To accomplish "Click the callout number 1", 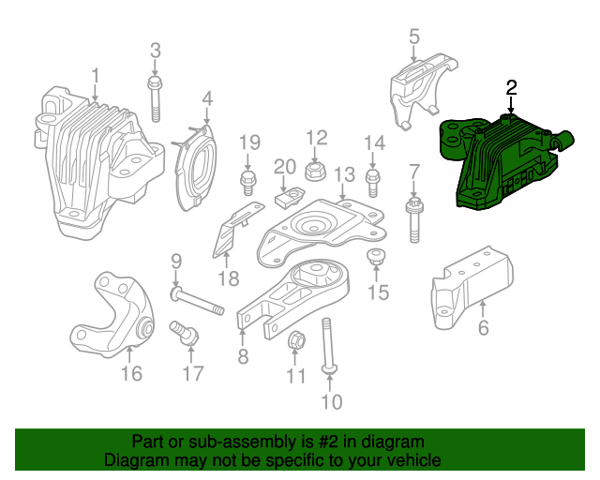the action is point(95,75).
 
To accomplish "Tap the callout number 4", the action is point(206,97).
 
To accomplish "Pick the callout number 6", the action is point(484,328).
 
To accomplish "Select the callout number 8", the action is point(243,356).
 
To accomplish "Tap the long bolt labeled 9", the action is point(197,301).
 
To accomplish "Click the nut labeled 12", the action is point(315,171).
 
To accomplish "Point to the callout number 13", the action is point(344,174).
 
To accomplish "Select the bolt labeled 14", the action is point(373,180).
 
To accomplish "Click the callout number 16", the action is point(131,374).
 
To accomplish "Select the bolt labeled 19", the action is point(248,179).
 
